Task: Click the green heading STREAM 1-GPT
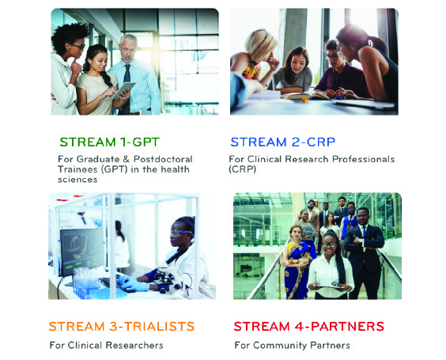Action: pyautogui.click(x=109, y=142)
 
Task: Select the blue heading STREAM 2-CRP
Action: pyautogui.click(x=283, y=142)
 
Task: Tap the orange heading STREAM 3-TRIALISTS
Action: pyautogui.click(x=122, y=327)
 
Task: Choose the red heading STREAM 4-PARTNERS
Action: pyautogui.click(x=309, y=327)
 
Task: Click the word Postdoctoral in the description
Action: pyautogui.click(x=163, y=159)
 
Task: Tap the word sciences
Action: pyautogui.click(x=77, y=180)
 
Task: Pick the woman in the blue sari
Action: pyautogui.click(x=297, y=262)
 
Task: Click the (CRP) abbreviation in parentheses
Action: pyautogui.click(x=242, y=169)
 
